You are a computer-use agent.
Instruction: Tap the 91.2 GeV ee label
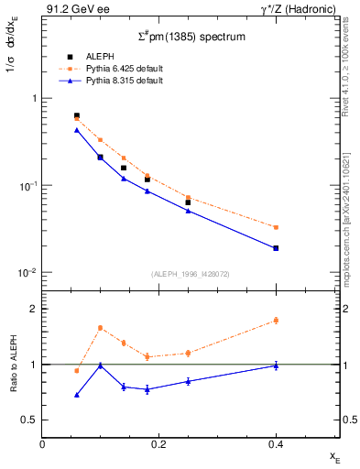72,8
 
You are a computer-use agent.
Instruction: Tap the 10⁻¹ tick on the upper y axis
27,186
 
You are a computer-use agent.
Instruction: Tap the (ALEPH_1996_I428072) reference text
191,274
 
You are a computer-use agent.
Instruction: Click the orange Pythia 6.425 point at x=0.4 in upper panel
276,227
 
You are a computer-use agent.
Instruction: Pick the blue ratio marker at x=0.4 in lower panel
276,365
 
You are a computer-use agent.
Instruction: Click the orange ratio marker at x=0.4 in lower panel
276,321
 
